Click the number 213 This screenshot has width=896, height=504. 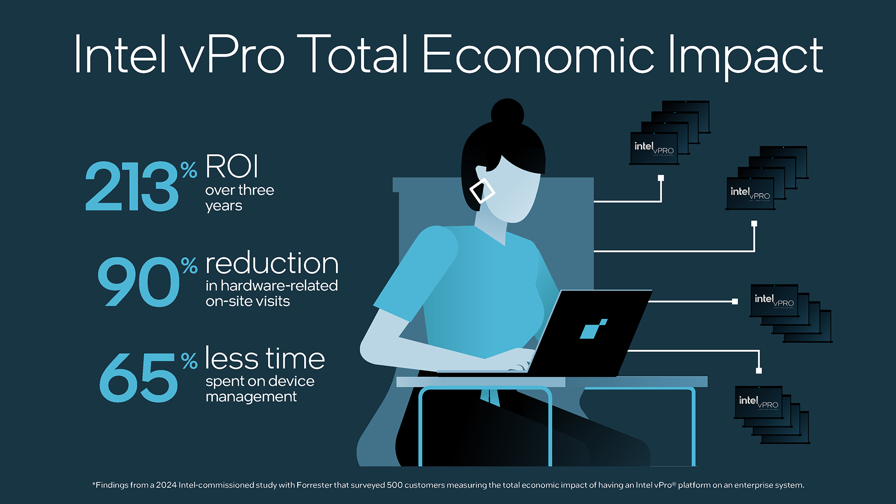coord(132,186)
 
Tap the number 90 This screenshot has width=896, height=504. coord(139,282)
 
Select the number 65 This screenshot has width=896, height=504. coord(139,377)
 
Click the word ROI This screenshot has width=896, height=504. coord(232,166)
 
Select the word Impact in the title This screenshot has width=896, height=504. coord(745,57)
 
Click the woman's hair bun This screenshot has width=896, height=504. coord(507,113)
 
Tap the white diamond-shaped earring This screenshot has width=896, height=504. coord(482,191)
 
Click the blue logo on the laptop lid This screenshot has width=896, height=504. coord(593,329)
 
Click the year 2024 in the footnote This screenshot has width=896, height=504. coord(166,485)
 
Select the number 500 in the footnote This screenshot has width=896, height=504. coord(395,485)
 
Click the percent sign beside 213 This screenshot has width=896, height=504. coord(189,170)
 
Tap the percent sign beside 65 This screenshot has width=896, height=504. coord(189,361)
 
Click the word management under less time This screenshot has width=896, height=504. coord(251,397)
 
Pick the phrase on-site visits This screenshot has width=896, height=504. coord(248,301)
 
